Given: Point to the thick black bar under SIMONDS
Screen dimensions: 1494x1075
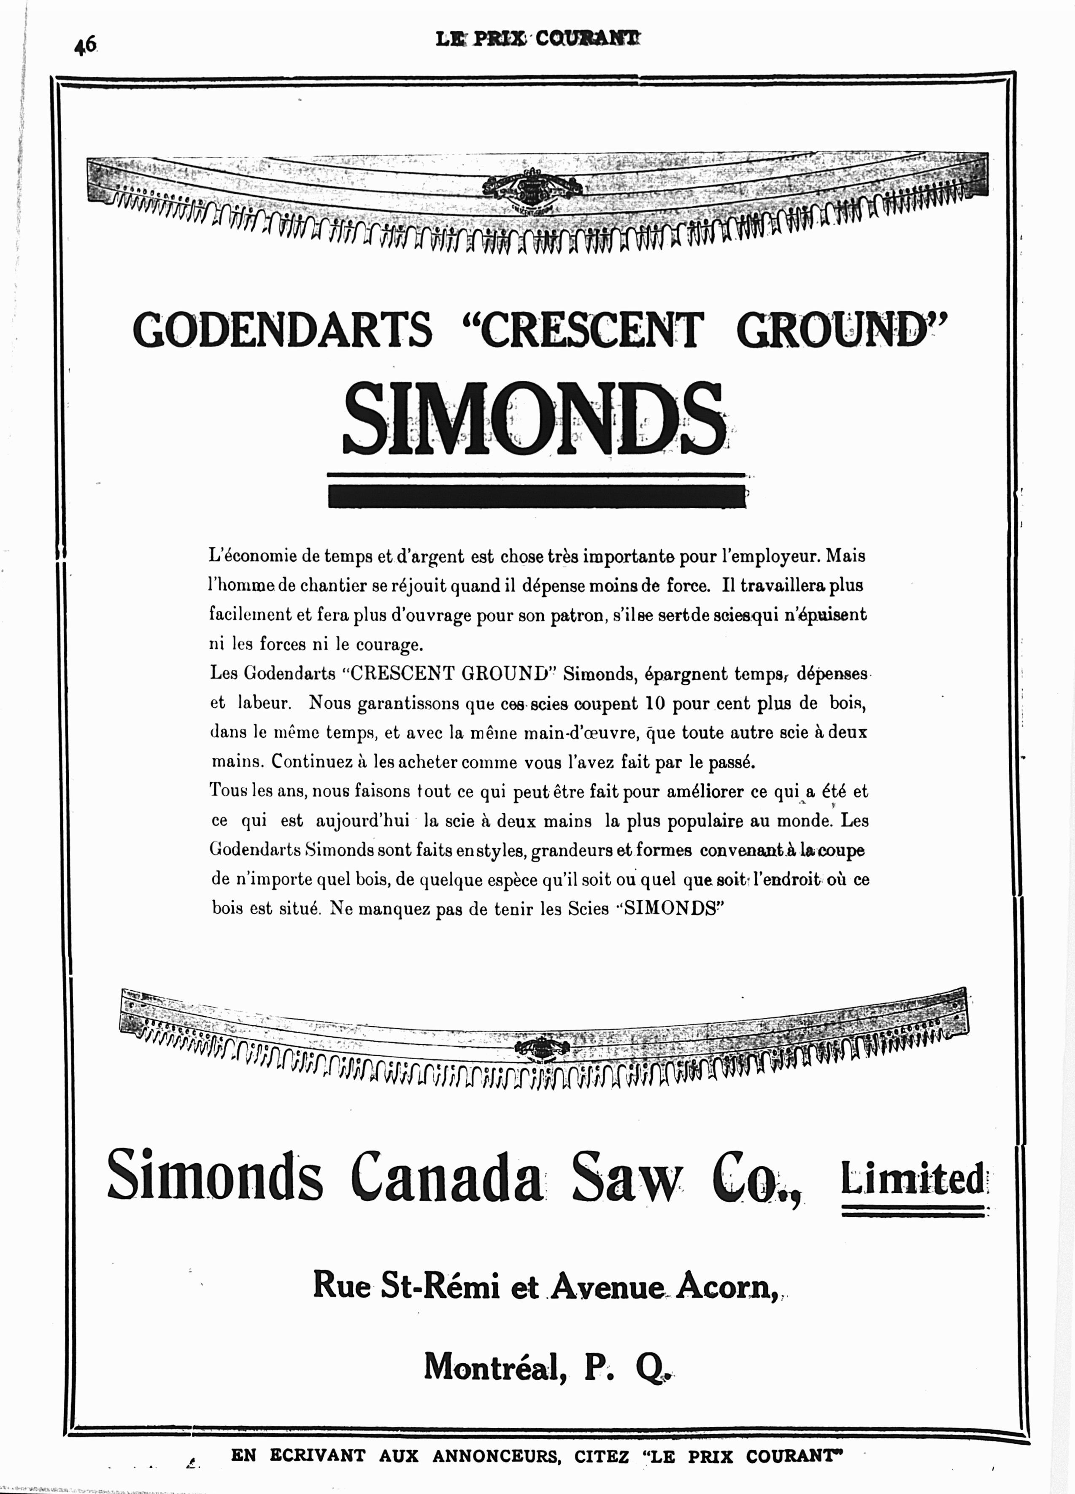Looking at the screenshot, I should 536,496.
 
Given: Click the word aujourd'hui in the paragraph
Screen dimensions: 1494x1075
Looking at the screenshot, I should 362,821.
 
